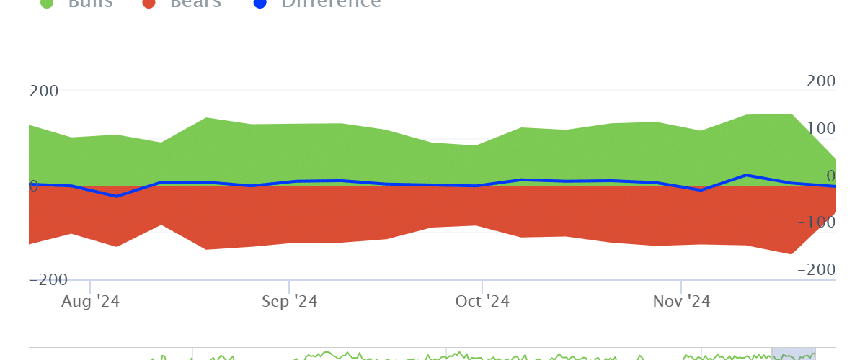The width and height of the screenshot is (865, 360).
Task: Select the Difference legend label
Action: tap(331, 3)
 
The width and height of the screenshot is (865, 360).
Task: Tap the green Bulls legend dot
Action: tap(48, 3)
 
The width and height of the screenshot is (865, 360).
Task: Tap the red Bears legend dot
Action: tap(150, 3)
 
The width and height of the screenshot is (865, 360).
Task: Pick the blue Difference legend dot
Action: tap(261, 3)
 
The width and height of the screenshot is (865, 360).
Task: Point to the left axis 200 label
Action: tap(44, 91)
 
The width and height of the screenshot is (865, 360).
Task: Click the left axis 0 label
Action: tap(33, 186)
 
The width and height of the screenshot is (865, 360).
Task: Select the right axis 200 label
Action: tap(821, 81)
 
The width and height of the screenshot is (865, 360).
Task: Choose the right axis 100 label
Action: tap(821, 128)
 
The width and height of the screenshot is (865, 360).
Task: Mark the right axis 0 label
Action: tap(830, 176)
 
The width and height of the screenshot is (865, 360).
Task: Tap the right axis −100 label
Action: tap(816, 222)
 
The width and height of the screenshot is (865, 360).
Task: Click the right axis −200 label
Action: tap(816, 270)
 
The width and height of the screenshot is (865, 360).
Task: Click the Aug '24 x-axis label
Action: tap(90, 301)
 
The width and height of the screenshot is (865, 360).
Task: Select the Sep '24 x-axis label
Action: tap(288, 301)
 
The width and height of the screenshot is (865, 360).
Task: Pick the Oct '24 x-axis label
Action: tap(482, 301)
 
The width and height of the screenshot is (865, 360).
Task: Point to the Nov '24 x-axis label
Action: tap(681, 301)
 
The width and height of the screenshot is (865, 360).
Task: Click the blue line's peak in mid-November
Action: tap(747, 175)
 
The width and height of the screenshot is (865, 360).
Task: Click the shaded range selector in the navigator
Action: tap(793, 353)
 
